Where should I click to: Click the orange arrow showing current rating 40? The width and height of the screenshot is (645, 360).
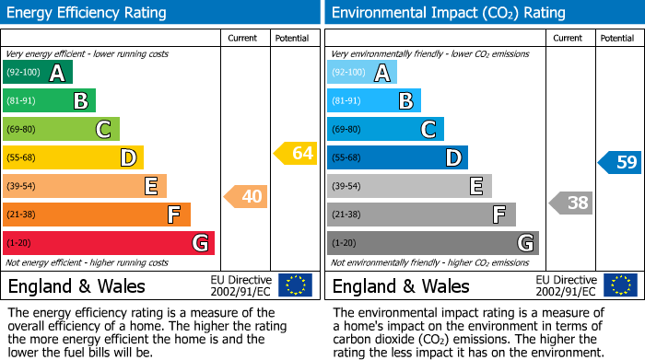[245, 196]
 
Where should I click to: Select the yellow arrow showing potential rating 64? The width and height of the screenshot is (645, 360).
[296, 153]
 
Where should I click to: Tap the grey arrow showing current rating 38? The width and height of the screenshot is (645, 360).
[570, 203]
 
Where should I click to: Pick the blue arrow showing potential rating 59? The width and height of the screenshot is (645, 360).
[620, 162]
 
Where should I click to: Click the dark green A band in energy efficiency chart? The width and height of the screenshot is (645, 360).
[37, 73]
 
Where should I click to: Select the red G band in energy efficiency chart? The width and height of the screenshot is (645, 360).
[109, 243]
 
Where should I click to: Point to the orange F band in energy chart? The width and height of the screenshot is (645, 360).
[97, 215]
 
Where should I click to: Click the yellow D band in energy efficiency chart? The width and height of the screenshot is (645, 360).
[73, 157]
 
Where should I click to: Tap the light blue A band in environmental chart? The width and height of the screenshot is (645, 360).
[362, 73]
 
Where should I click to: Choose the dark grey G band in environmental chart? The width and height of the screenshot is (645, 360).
[432, 243]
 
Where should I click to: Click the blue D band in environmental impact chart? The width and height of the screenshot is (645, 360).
[397, 157]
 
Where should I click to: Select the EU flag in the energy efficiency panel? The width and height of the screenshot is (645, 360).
[295, 285]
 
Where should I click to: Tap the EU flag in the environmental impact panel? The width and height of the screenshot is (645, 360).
[619, 285]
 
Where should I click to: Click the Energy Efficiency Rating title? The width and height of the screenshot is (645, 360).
[88, 13]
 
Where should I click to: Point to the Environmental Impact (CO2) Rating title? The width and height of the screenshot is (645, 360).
[448, 13]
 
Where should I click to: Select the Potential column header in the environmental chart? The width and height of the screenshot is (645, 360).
[617, 38]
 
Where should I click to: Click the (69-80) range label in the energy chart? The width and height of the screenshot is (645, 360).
[23, 130]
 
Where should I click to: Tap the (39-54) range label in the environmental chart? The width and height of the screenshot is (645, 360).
[347, 187]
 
